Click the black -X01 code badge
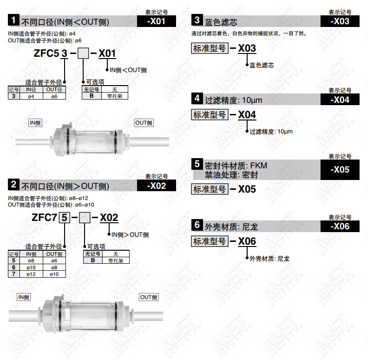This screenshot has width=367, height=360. coord(157,21)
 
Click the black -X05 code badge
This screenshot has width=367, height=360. coord(340,170)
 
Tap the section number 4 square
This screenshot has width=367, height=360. coord(197,99)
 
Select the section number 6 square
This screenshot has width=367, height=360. coord(197,225)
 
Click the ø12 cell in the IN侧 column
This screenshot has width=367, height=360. coord(31,274)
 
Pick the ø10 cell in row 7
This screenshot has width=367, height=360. coord(54,274)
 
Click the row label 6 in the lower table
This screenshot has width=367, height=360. coord(14,267)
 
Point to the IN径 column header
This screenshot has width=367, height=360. coord(31,89)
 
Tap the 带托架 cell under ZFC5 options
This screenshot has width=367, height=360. coord(115,96)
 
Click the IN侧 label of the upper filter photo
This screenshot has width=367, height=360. coord(35,123)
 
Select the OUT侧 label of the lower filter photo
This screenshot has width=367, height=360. coord(149,297)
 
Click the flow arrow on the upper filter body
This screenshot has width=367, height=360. coord(98,141)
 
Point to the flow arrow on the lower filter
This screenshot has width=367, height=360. coord(95,317)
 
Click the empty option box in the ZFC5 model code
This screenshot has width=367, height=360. coord(83,53)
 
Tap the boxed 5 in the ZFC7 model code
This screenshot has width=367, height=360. coord(65,218)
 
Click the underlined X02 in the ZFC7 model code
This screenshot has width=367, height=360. coord(109,218)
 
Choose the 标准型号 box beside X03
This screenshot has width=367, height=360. coord(210,48)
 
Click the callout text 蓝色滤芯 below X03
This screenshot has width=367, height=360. coord(262,65)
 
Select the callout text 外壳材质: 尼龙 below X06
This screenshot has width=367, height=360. coord(269,259)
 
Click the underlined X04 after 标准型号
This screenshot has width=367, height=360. coord(247,115)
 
